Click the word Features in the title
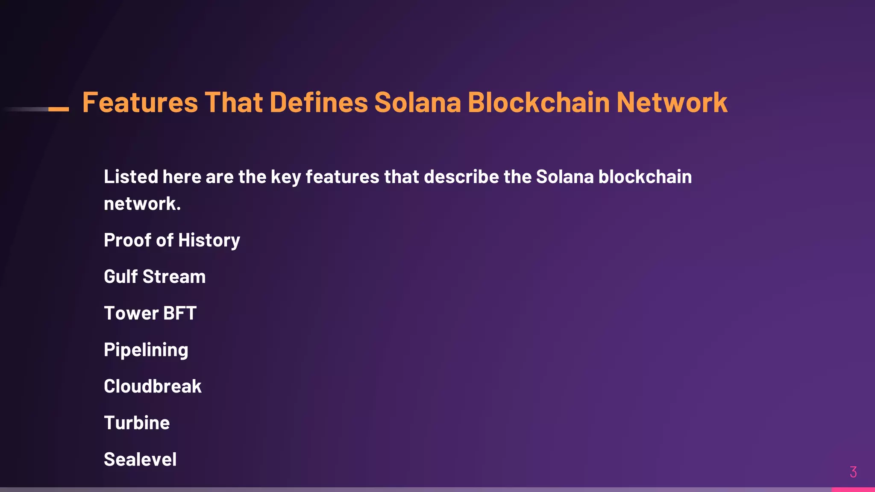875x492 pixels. [x=140, y=102]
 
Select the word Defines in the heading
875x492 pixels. [x=318, y=102]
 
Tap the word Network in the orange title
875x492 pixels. [x=672, y=102]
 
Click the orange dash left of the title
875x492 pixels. [x=59, y=109]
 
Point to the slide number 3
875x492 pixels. [x=853, y=472]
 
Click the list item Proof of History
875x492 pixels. [x=172, y=240]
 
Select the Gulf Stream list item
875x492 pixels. [x=155, y=277]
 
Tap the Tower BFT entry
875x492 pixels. [x=150, y=313]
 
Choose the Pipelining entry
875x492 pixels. [x=146, y=350]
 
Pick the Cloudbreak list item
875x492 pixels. [x=153, y=387]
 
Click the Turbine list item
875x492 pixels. [x=137, y=423]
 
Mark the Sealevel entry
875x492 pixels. [x=140, y=460]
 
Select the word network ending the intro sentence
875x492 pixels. [x=142, y=204]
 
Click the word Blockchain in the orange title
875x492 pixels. [x=539, y=102]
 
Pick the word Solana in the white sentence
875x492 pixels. [x=565, y=177]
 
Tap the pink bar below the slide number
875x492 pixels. [x=853, y=489]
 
